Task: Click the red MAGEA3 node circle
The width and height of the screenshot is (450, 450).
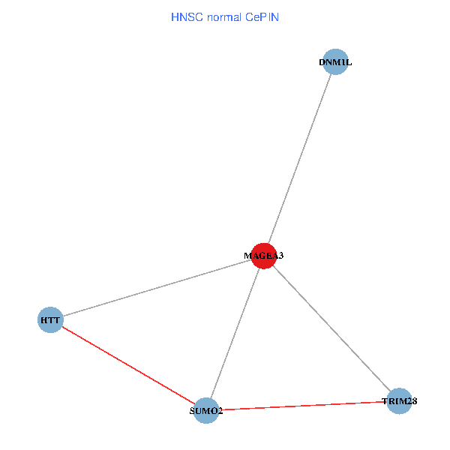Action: pos(263,256)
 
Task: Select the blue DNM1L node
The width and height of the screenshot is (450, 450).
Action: pos(335,62)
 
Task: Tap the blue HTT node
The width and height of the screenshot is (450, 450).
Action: pos(50,320)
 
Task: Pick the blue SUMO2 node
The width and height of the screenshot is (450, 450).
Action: pos(206,410)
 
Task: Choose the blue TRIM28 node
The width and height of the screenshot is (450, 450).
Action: pos(399,401)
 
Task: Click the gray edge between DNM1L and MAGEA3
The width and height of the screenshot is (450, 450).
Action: pos(299,159)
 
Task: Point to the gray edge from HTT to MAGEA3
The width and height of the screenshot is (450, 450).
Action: pos(157,288)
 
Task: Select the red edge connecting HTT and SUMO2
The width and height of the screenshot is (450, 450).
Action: pos(128,365)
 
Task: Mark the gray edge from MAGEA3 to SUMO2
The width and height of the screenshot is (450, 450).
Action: pos(235,333)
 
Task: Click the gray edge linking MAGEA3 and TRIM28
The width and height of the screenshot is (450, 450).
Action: pos(331,328)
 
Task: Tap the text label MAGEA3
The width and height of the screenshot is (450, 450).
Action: pos(263,256)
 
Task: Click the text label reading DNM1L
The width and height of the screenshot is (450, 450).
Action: pos(335,62)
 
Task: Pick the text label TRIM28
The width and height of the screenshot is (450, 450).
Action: pos(399,401)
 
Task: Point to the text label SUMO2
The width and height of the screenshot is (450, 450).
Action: pos(206,411)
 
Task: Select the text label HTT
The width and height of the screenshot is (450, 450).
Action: pos(50,320)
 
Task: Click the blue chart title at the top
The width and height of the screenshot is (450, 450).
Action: pos(225,16)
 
